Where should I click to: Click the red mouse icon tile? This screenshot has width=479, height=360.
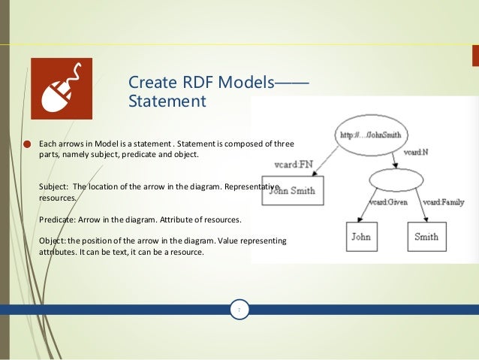click(61, 88)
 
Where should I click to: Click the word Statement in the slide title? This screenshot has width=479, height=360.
click(167, 101)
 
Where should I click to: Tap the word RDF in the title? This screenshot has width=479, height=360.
click(195, 81)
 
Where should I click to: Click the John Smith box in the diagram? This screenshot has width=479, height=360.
click(293, 191)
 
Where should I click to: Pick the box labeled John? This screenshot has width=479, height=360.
click(360, 237)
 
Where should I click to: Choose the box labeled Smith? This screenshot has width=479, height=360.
click(426, 237)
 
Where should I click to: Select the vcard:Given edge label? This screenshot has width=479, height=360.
click(388, 202)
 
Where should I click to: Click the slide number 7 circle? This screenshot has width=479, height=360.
click(239, 309)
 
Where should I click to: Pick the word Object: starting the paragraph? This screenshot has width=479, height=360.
click(50, 241)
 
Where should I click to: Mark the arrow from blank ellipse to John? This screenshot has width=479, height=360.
click(370, 207)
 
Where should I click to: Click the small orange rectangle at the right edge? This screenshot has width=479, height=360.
click(475, 56)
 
